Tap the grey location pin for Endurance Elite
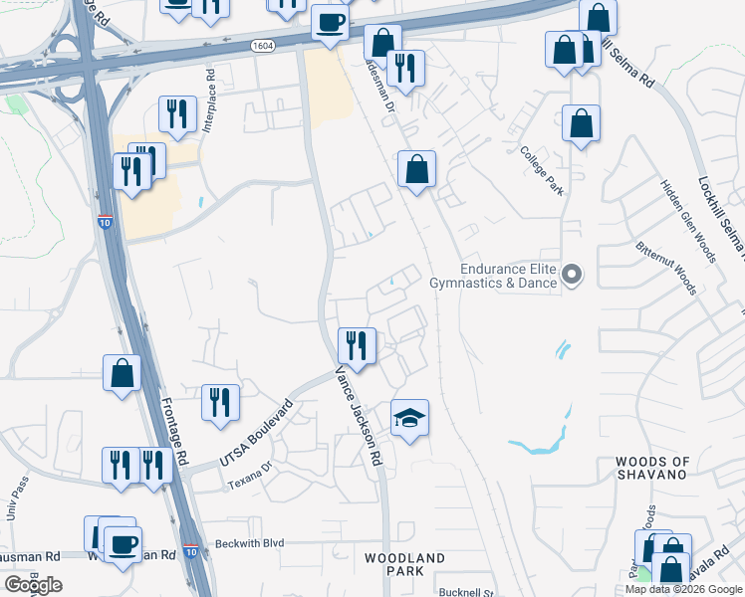tap(572, 275)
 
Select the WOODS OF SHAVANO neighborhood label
tap(652, 468)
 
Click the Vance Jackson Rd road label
tap(360, 416)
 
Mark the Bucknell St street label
tap(466, 592)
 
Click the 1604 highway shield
tap(263, 45)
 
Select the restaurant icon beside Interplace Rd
tap(177, 113)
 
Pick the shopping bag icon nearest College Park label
tap(581, 124)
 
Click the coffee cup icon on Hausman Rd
tap(123, 545)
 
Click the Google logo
tap(33, 585)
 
